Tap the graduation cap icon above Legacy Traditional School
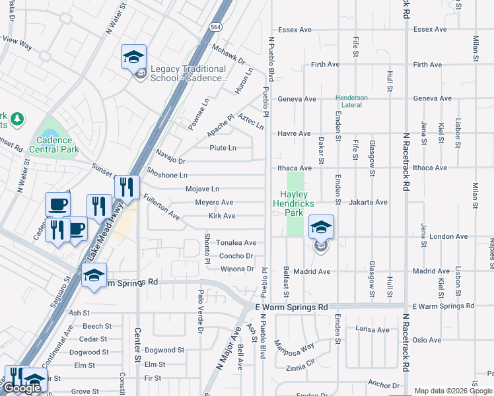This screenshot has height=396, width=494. (133, 57)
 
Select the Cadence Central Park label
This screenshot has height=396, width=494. (57, 145)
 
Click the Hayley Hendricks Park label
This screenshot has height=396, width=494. (297, 203)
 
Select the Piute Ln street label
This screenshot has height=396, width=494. (223, 148)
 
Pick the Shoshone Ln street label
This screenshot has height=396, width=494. (167, 176)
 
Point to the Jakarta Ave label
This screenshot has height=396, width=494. (368, 202)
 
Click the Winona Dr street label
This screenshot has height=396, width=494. (237, 269)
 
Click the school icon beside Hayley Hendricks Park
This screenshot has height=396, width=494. (321, 228)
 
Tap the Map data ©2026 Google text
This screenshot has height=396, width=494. (453, 391)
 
